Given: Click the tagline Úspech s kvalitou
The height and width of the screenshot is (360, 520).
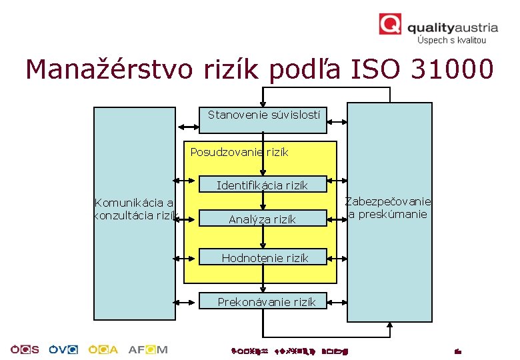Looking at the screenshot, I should click(x=451, y=40).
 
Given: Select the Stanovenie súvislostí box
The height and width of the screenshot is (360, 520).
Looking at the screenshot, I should click(x=263, y=115).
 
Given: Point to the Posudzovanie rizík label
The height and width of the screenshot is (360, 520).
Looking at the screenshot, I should click(x=239, y=152).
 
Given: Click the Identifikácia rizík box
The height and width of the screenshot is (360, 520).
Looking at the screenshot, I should click(x=262, y=185).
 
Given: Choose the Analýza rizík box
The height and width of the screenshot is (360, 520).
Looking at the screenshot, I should click(x=262, y=219).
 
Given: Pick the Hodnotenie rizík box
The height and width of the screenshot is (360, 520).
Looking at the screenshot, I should click(x=265, y=258).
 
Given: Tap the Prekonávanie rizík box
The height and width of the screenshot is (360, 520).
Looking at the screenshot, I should click(x=266, y=302).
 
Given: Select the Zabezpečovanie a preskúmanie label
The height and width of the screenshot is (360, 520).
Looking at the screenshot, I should click(x=387, y=208).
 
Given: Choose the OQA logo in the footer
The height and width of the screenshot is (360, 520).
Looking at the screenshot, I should click(x=107, y=349).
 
